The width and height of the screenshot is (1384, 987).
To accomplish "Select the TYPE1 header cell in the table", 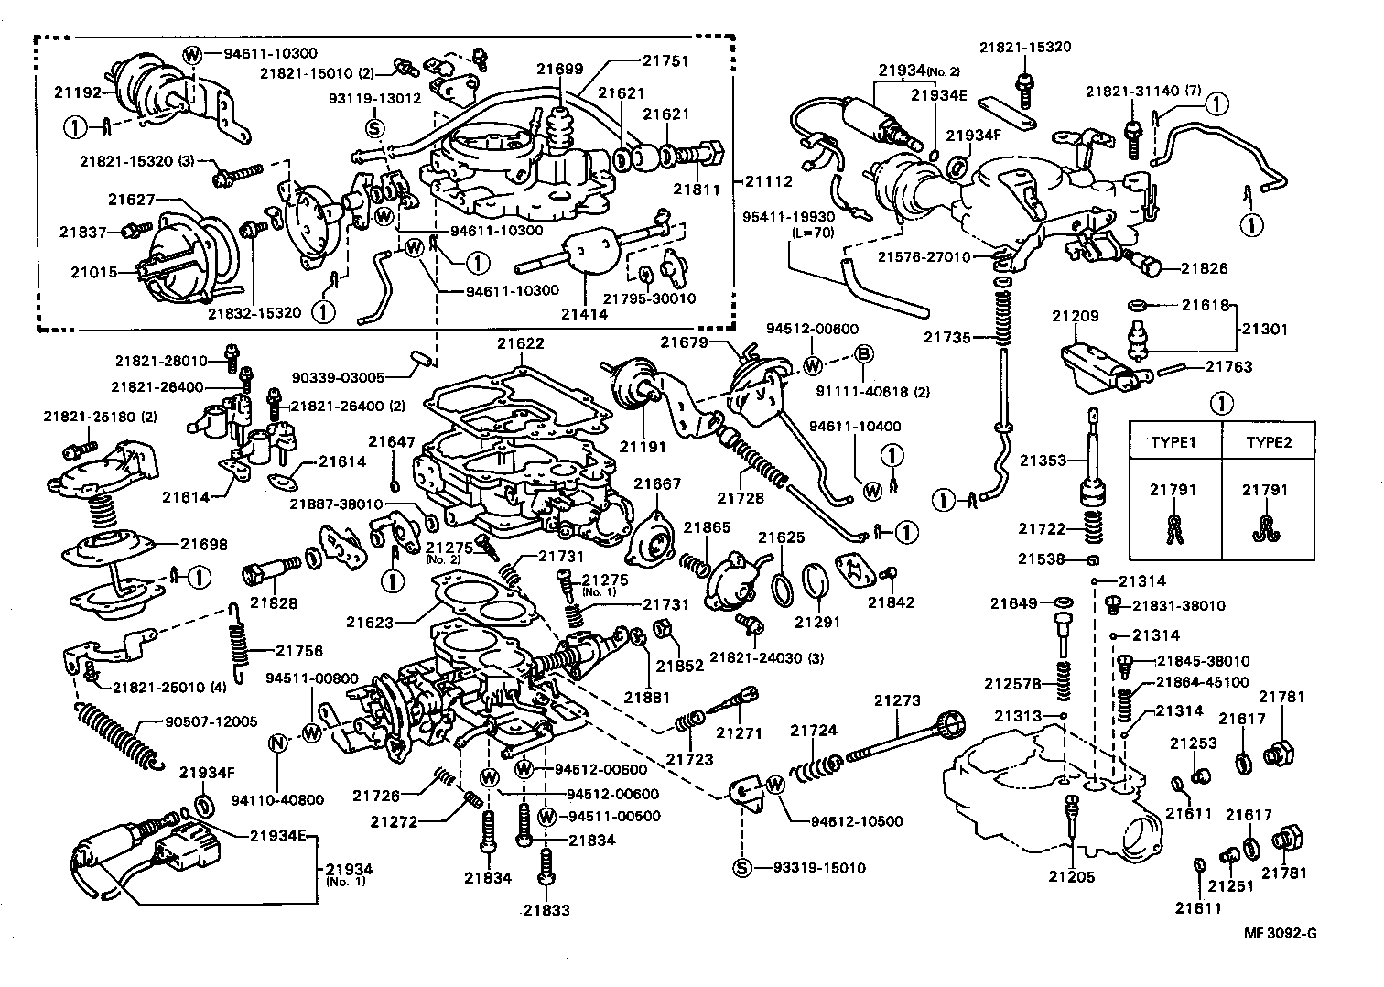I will [1174, 441].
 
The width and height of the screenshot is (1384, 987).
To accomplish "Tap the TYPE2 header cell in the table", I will [1268, 441].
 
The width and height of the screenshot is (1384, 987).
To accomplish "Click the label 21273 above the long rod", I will [896, 700].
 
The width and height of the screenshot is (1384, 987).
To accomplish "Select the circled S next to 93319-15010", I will [741, 867].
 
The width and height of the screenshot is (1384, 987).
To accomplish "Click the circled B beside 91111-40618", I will [862, 354].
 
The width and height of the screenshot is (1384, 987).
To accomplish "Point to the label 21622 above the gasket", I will [521, 343].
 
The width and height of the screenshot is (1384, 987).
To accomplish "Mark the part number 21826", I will [1204, 268].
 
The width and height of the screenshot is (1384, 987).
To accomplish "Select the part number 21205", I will [1072, 876].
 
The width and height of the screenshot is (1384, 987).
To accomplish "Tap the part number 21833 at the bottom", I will [546, 910].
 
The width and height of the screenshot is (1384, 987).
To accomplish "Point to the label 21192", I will [76, 92].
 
